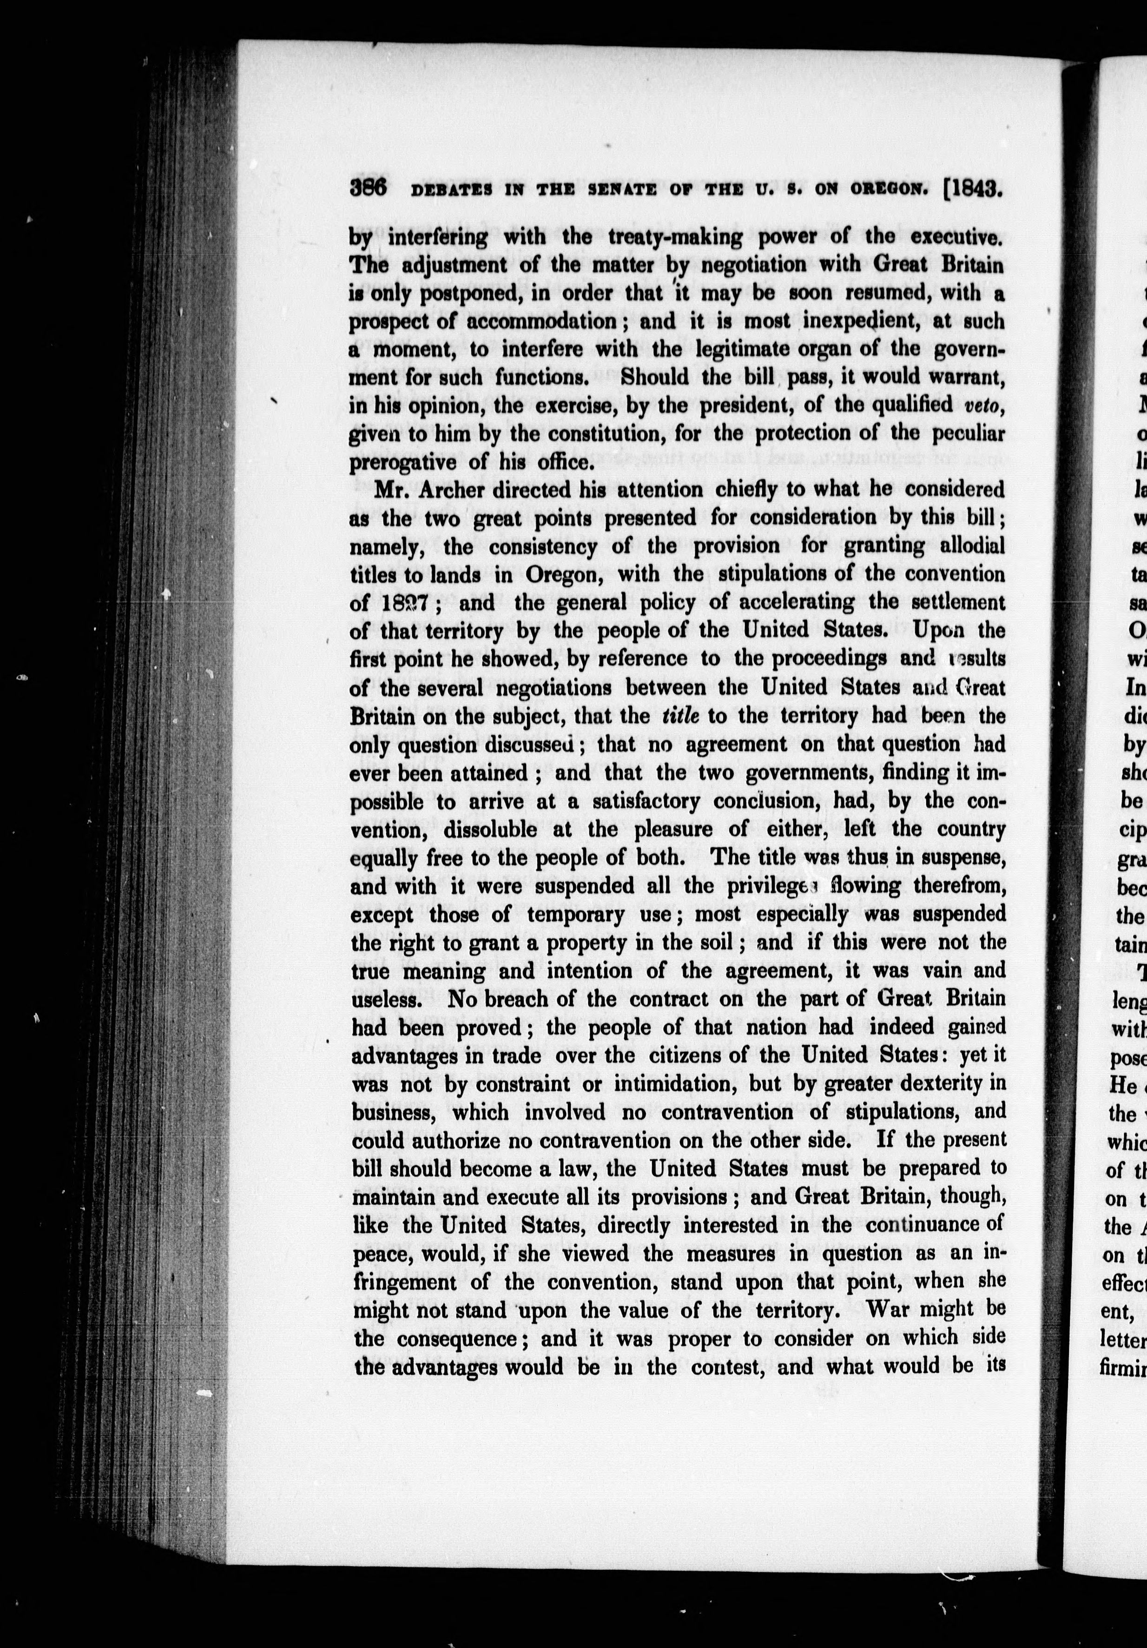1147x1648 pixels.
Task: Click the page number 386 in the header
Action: (x=369, y=189)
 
